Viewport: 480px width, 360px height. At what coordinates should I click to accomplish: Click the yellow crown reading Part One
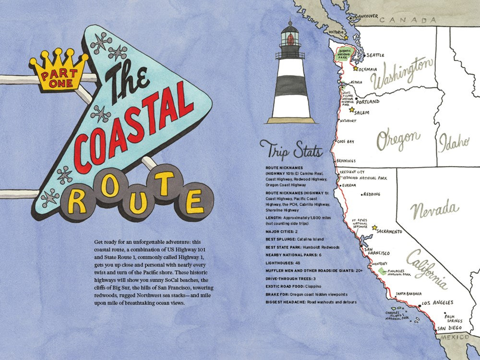click(59, 72)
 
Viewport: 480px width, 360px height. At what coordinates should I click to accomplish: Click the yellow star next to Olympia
click(356, 69)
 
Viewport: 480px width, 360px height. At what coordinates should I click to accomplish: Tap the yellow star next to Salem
click(351, 110)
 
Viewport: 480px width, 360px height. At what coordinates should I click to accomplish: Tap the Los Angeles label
click(437, 303)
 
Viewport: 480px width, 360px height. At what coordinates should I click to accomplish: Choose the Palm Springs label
click(449, 319)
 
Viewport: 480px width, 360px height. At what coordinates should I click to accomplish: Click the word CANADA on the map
click(409, 21)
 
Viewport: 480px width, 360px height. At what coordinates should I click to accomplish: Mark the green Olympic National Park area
click(342, 54)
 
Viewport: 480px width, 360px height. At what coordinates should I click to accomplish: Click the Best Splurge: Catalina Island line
click(294, 239)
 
